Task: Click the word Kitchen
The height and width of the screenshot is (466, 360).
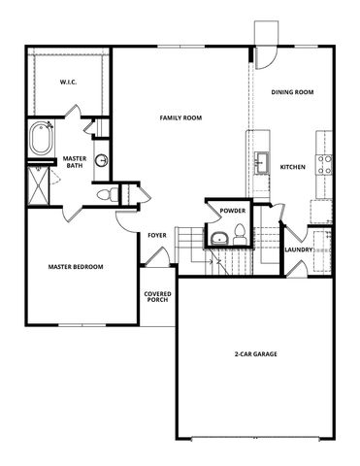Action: pos(293,167)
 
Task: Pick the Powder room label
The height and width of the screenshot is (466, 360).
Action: pos(231,211)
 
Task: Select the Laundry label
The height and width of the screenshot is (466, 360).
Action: pos(298,250)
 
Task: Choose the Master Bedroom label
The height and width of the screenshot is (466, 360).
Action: pos(76,267)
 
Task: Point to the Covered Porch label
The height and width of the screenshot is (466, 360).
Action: pos(158,297)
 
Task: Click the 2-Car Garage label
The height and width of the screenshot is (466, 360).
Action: pos(256,354)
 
